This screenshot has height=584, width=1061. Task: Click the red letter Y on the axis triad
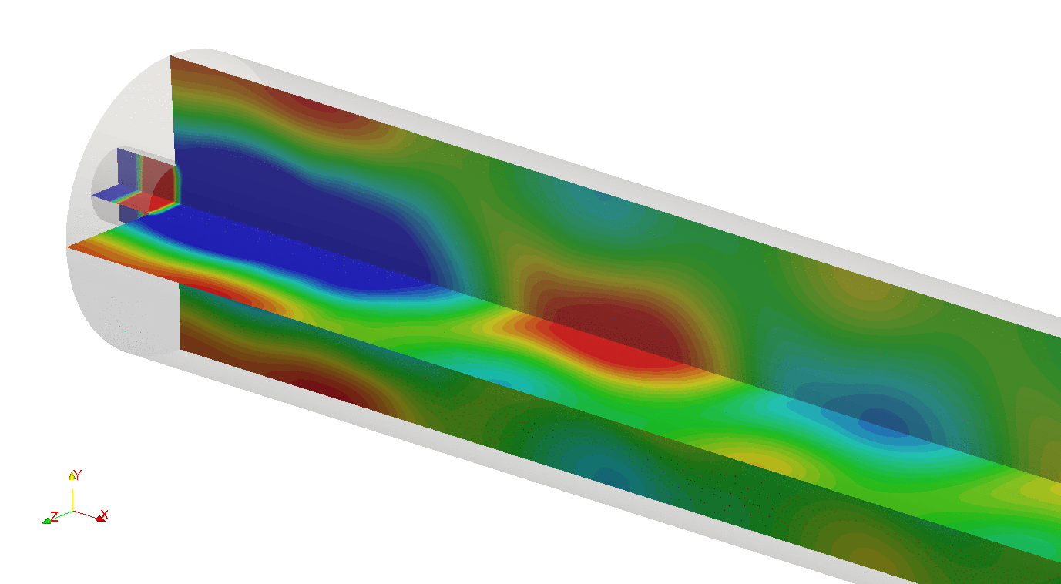click(x=78, y=474)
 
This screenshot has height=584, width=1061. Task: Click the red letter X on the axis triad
click(x=105, y=515)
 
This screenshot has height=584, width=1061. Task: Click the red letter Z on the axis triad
click(x=55, y=516)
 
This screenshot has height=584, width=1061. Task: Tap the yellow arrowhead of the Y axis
click(x=72, y=475)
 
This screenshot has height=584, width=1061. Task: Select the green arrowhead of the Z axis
click(x=46, y=521)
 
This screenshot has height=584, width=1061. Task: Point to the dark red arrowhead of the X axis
click(x=100, y=519)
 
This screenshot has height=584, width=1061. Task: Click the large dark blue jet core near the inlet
click(x=303, y=223)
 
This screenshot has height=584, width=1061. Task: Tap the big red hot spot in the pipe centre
click(x=616, y=331)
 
